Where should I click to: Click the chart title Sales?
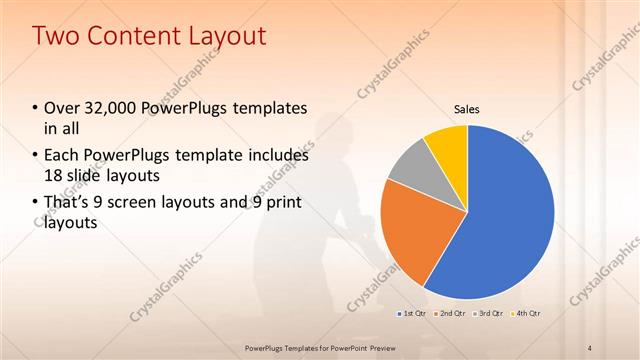[467, 108]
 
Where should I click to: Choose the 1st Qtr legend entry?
[413, 313]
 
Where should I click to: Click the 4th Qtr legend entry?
[527, 313]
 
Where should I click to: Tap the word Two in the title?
[56, 37]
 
